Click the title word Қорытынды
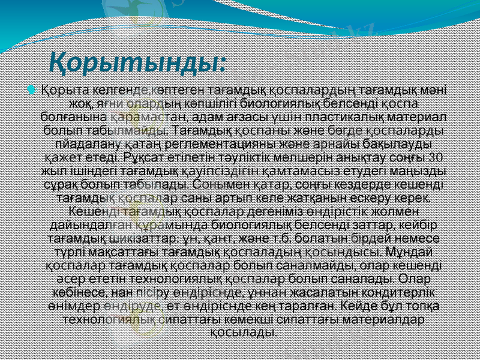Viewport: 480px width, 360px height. point(137,61)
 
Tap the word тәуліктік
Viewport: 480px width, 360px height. point(235,158)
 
